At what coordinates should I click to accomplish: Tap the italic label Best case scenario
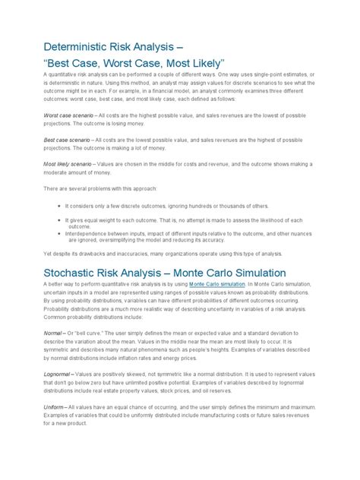[66, 140]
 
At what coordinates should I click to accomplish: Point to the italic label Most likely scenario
[70, 166]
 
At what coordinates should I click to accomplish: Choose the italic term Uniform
[53, 406]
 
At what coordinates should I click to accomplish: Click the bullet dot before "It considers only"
[59, 206]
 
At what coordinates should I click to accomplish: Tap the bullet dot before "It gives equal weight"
[59, 219]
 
